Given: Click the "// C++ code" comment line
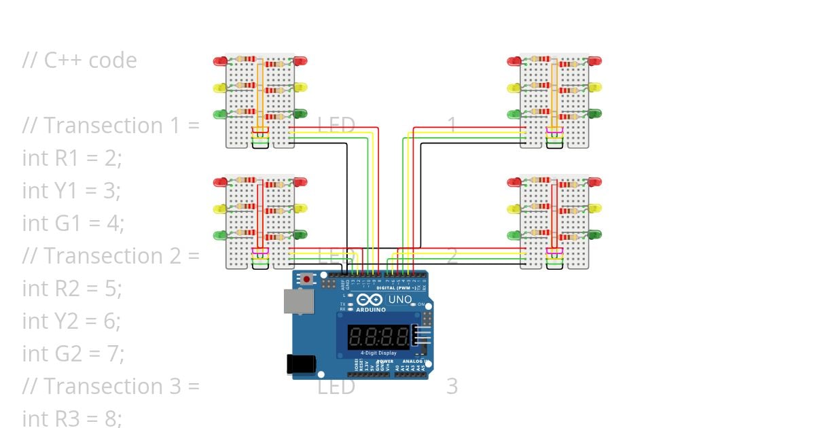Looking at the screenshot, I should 79,60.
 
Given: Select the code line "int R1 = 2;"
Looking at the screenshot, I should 72,158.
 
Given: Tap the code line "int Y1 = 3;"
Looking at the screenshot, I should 72,191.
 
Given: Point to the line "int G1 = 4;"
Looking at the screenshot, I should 73,224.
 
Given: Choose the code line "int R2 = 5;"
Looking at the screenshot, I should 72,289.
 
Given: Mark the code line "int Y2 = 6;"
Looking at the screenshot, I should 72,321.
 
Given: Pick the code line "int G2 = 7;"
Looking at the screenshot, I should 73,354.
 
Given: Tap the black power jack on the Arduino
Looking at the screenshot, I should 300,364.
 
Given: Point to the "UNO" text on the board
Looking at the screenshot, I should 399,299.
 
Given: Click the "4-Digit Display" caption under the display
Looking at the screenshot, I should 378,353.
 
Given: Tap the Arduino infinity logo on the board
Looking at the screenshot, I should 369,300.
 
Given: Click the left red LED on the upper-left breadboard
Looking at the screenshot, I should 220,61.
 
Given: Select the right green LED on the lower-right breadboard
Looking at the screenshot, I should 595,235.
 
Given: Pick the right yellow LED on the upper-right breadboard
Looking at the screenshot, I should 595,88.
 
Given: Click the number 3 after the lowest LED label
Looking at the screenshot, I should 452,387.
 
